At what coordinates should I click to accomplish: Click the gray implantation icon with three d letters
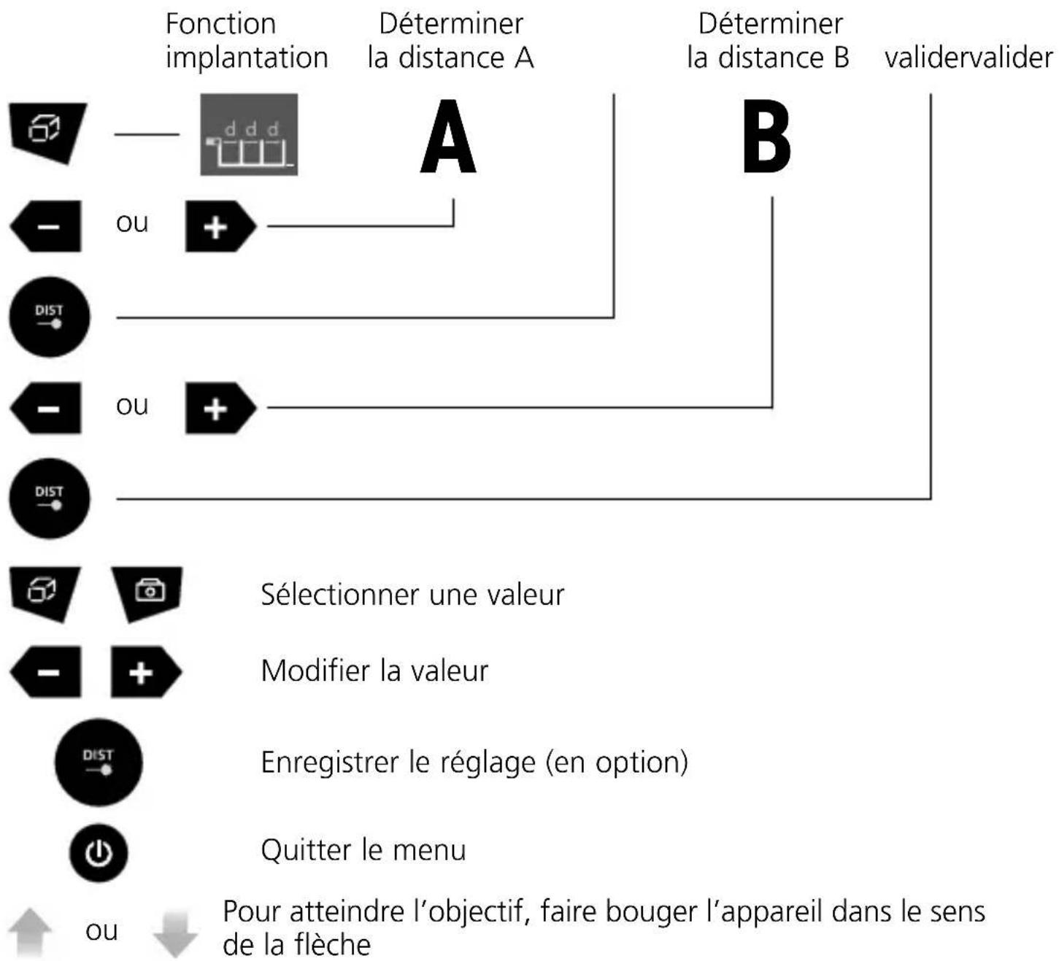click(x=249, y=135)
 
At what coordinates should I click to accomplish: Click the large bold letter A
click(x=448, y=136)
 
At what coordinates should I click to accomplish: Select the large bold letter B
click(x=766, y=136)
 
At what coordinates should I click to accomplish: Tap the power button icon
click(x=99, y=852)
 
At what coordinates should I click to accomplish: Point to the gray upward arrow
click(x=30, y=933)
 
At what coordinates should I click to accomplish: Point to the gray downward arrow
click(x=174, y=933)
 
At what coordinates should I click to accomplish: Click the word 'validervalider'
click(x=968, y=58)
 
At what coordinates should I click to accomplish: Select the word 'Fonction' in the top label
click(x=220, y=24)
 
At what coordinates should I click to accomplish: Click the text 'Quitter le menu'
click(x=363, y=850)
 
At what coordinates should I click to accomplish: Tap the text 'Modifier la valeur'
click(x=374, y=671)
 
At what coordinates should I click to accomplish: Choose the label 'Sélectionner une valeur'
click(x=412, y=595)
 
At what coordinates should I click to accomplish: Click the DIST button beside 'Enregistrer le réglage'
click(x=99, y=762)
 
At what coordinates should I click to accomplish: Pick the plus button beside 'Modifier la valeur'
click(x=146, y=672)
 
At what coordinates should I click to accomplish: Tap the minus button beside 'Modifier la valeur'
click(x=46, y=672)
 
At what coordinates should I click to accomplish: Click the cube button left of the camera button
click(x=45, y=593)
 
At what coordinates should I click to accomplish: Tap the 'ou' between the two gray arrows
click(x=101, y=931)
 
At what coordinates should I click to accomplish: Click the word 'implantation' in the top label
click(x=247, y=58)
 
